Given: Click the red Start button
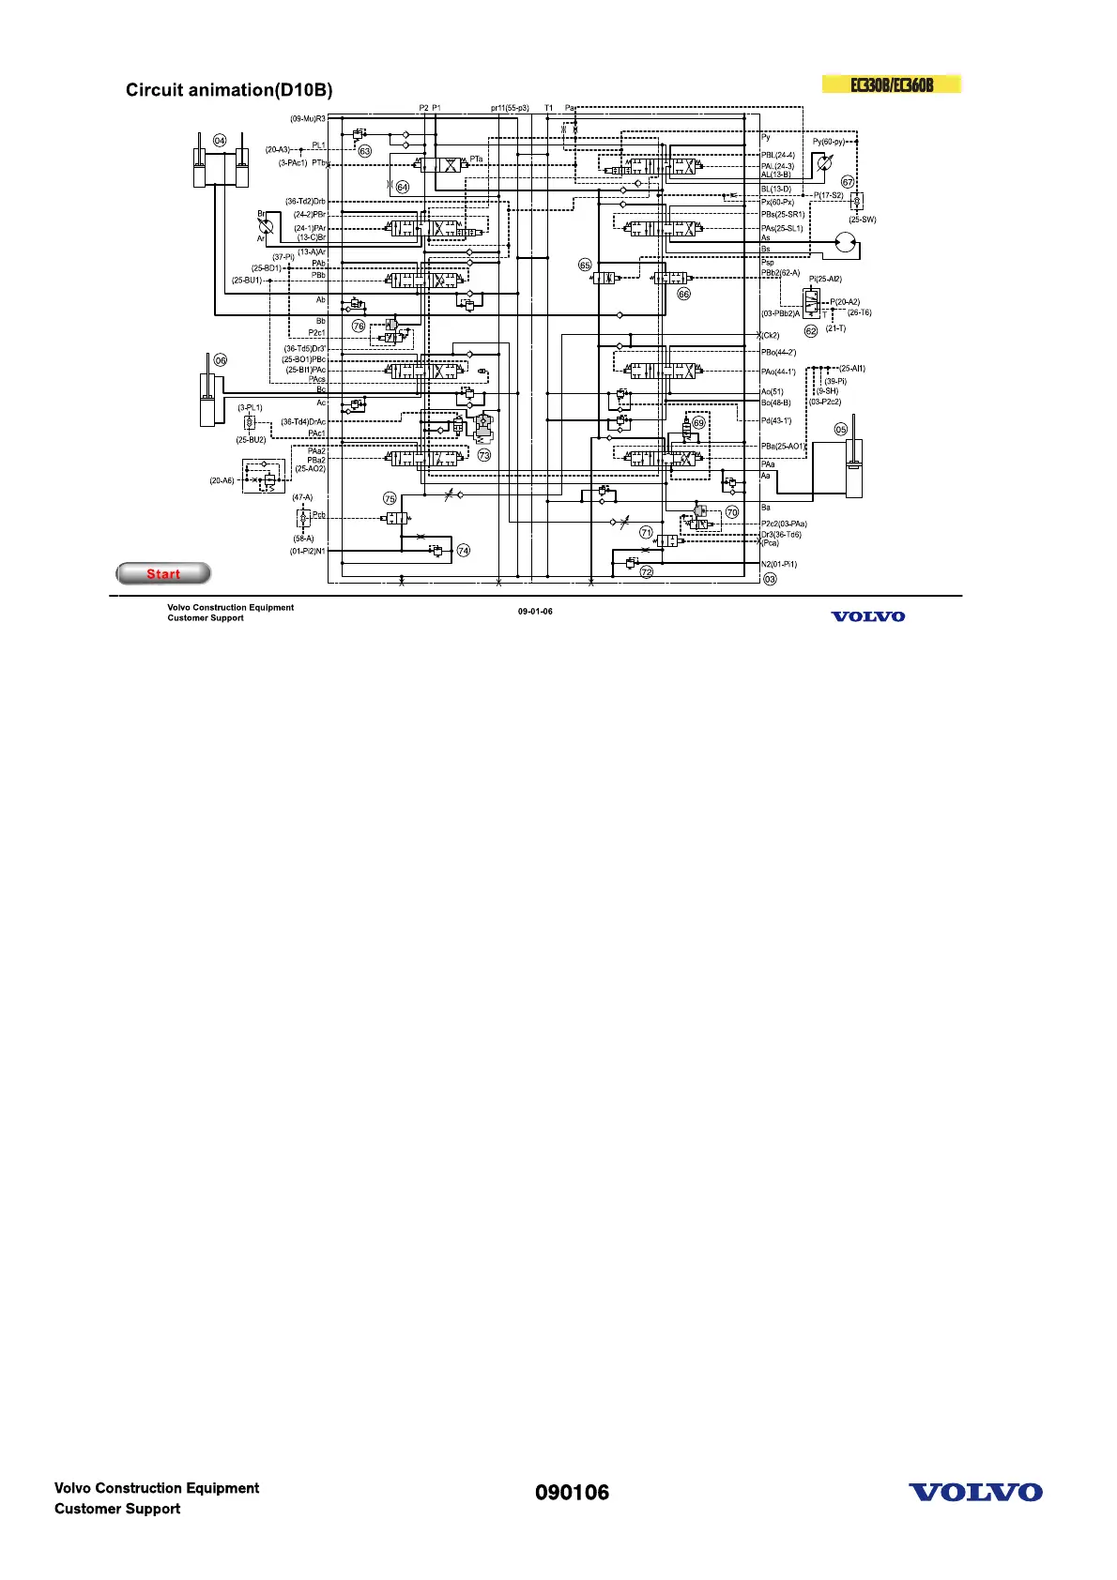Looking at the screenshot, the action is coord(163,573).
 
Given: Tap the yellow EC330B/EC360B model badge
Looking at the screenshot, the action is coord(892,84).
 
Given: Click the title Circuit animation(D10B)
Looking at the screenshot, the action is coord(229,90).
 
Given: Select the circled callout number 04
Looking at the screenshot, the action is coord(219,141).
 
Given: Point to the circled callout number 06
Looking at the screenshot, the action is coord(221,360).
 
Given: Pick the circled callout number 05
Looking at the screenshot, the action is coord(841,429).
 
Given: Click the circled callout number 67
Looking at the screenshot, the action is coord(848,182).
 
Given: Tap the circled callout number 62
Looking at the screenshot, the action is coord(811,331).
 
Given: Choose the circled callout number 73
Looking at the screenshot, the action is coord(484,455).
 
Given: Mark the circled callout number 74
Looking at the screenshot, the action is coord(464,551).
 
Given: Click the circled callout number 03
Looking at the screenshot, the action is coord(770,579).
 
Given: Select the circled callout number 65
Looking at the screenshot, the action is coord(585,266).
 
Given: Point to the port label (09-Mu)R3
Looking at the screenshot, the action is coord(308,119).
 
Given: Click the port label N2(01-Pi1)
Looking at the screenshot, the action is coord(779,564).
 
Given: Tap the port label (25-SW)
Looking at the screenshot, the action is coord(863,220).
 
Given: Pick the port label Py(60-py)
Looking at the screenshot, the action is coord(829,142).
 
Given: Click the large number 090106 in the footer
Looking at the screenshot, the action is coord(572,1493).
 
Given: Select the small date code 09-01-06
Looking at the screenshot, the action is coord(535,612).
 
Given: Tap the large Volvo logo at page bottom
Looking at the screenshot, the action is coord(975,1493).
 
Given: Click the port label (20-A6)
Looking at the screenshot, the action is coord(222,480).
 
